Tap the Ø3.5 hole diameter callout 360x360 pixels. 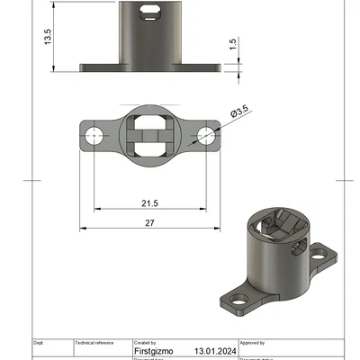point(240,112)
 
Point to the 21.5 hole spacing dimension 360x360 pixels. point(149,203)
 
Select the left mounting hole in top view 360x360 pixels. point(94,136)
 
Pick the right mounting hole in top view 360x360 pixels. point(205,136)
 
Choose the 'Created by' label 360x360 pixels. point(145,343)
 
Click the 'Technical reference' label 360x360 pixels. point(94,343)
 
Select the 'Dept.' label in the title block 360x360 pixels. point(39,343)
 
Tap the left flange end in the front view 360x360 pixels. point(90,67)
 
